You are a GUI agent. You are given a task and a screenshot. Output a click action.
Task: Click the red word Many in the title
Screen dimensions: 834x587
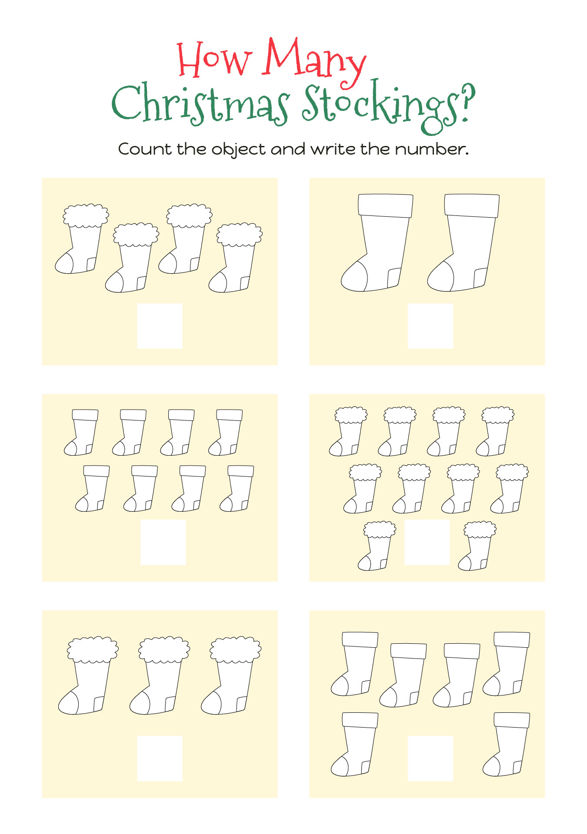point(314,61)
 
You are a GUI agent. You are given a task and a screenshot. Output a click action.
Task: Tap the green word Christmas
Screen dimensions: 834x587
point(200,103)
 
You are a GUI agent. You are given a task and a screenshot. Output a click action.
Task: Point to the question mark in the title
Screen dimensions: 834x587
point(468,102)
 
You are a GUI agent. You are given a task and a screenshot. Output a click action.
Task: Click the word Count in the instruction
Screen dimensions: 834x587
point(145,149)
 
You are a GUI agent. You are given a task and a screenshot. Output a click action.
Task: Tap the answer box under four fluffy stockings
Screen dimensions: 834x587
point(160,326)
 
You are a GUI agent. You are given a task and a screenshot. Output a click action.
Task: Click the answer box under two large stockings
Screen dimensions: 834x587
point(430,326)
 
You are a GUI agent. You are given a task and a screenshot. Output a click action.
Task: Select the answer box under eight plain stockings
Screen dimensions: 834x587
point(163,542)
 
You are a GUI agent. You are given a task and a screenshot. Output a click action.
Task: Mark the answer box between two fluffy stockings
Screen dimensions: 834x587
point(427,542)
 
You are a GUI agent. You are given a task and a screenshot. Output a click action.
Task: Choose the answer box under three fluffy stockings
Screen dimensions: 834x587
point(160,758)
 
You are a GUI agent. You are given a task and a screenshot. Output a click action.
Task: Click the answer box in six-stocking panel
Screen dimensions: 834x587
point(430,758)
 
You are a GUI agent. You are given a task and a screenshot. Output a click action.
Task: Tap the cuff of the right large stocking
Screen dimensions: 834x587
point(472,205)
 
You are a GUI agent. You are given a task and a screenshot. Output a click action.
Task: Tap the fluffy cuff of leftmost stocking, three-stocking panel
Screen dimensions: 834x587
point(93,649)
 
